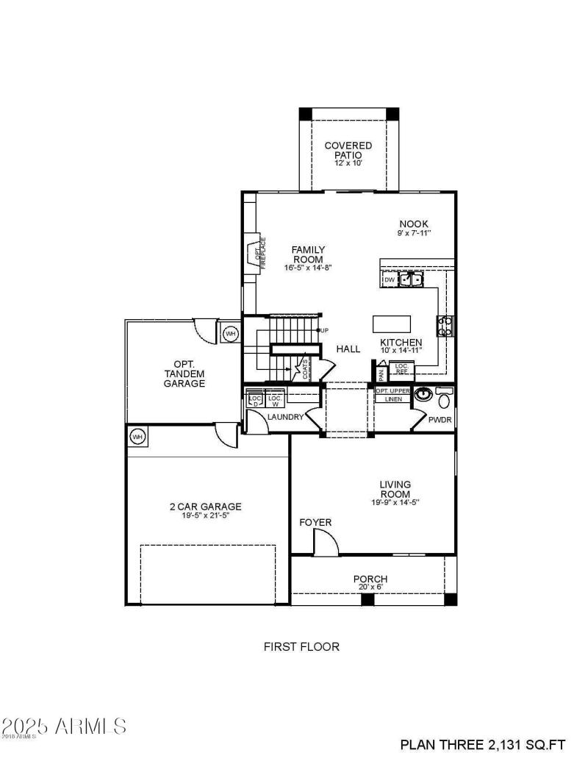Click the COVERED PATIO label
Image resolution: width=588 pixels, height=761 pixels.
tap(348, 150)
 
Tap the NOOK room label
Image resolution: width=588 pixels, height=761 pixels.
tap(414, 224)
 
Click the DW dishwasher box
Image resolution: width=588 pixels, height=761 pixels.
tap(390, 279)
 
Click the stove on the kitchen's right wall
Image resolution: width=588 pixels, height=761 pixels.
tap(445, 325)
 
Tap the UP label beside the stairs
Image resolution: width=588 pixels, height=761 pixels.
tap(323, 330)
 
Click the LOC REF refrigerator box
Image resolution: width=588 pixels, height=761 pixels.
tap(401, 370)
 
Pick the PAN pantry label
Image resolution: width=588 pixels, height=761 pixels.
tap(381, 374)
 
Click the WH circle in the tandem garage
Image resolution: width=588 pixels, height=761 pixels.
tap(231, 334)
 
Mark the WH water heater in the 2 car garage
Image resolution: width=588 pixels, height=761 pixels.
tap(137, 437)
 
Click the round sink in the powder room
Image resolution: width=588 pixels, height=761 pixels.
tap(422, 396)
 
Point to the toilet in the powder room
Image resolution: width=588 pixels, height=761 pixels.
tap(443, 399)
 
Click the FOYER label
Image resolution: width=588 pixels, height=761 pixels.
tap(315, 522)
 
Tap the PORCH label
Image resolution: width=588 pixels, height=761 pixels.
tap(370, 579)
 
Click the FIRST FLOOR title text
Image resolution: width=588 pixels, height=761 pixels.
tap(301, 647)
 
